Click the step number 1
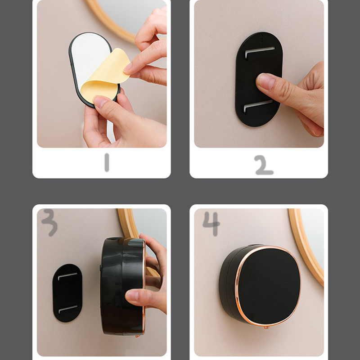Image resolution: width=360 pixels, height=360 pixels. coord(107,162)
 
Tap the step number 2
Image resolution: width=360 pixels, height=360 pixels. coord(264,165)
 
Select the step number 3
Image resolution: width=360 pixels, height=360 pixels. coord(49,222)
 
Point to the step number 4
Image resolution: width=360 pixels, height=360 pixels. coord(211,224)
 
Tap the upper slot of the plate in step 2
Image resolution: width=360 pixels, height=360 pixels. coord(260,52)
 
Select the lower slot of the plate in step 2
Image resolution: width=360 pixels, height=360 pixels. coord(258,106)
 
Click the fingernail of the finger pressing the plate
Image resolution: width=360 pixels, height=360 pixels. coord(265,81)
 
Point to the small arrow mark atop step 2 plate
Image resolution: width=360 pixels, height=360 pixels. coord(262,38)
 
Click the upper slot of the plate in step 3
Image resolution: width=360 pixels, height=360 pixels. coord(67,276)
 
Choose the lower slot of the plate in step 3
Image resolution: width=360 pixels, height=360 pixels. coord(68,309)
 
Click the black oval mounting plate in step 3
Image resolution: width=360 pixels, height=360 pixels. coord(67,293)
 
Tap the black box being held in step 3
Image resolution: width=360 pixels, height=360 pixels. coord(123,286)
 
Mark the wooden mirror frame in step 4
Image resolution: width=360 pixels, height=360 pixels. coord(306,247)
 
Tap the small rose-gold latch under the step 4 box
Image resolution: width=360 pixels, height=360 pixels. coord(266,327)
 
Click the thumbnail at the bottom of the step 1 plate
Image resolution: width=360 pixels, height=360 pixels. coord(99,102)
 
